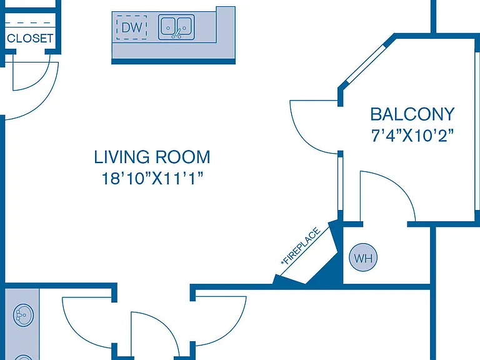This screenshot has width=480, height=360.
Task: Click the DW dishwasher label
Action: [132, 28]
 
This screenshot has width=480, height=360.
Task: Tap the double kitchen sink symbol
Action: [176, 27]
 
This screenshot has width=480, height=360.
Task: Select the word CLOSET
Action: [30, 38]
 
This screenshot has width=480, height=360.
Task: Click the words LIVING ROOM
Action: [152, 157]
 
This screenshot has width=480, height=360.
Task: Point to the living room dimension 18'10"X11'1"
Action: [152, 179]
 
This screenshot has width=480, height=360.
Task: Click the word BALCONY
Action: [412, 114]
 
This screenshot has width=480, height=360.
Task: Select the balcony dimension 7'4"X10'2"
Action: [412, 135]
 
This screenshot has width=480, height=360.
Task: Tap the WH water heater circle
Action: [363, 257]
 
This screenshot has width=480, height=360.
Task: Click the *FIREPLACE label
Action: [301, 246]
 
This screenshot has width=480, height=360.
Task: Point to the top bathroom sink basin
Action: [23, 315]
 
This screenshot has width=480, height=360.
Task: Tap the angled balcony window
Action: [365, 64]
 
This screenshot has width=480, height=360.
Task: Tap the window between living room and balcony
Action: [340, 184]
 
